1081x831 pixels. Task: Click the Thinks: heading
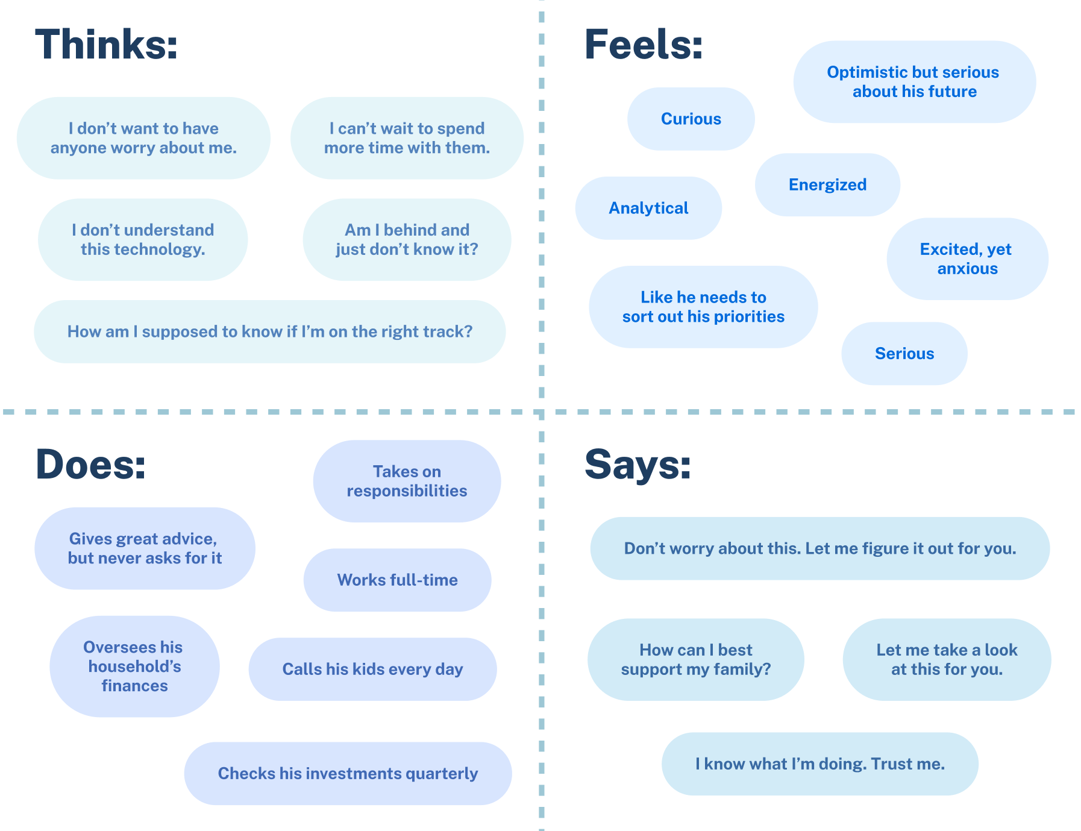click(x=107, y=45)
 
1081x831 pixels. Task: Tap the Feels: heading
click(x=644, y=45)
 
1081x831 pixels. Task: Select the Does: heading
click(x=91, y=465)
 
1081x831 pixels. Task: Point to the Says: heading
click(x=638, y=465)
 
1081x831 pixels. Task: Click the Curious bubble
click(x=691, y=119)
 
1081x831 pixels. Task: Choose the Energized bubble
click(x=827, y=184)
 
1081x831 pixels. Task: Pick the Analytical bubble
click(x=648, y=208)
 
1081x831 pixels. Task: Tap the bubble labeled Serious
click(x=904, y=353)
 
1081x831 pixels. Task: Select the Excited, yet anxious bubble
click(x=967, y=259)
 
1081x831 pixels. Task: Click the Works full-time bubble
click(x=397, y=580)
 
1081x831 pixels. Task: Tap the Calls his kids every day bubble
click(x=372, y=669)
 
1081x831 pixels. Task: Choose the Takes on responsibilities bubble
click(x=407, y=481)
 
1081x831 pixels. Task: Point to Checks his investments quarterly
click(x=348, y=773)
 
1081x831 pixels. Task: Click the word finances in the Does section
click(x=134, y=686)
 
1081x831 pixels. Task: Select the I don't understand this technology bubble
click(x=143, y=239)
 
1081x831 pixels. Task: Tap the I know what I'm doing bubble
click(x=819, y=764)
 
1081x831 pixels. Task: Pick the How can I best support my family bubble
click(x=695, y=659)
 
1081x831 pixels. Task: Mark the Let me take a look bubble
click(x=947, y=659)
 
